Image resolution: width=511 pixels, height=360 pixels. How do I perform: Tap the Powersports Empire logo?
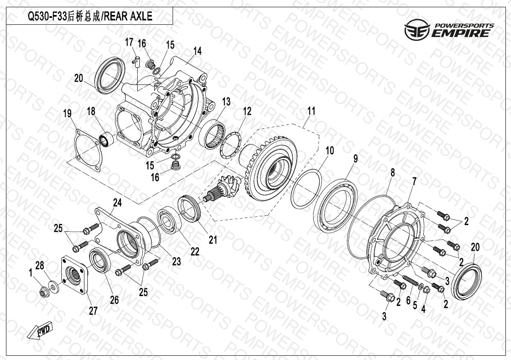[449, 29]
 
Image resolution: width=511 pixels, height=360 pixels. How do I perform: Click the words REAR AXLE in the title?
[128, 16]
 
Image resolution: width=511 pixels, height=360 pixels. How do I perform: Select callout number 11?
[311, 111]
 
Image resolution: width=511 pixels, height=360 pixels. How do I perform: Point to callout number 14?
[197, 51]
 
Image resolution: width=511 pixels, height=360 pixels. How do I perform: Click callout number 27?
[93, 311]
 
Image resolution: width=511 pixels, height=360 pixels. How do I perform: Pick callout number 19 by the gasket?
[67, 114]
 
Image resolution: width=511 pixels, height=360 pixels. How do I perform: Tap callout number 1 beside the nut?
[31, 273]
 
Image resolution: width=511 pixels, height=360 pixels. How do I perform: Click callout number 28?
[40, 265]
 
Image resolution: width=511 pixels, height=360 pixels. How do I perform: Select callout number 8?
[393, 172]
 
